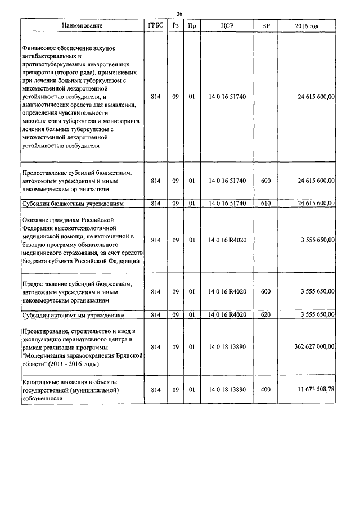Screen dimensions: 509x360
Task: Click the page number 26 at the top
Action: [180, 13]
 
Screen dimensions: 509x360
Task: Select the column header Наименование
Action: [83, 26]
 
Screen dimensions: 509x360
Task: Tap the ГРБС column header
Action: [156, 26]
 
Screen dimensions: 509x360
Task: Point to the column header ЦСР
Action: [227, 26]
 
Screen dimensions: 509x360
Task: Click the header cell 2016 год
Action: [307, 26]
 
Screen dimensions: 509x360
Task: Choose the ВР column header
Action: [266, 26]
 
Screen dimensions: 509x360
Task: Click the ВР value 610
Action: [266, 203]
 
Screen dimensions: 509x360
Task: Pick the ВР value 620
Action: [266, 314]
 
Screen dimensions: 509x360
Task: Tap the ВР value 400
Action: [266, 390]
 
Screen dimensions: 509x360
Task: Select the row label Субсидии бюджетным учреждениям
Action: [72, 204]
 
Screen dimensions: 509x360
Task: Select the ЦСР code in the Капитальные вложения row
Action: [227, 390]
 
